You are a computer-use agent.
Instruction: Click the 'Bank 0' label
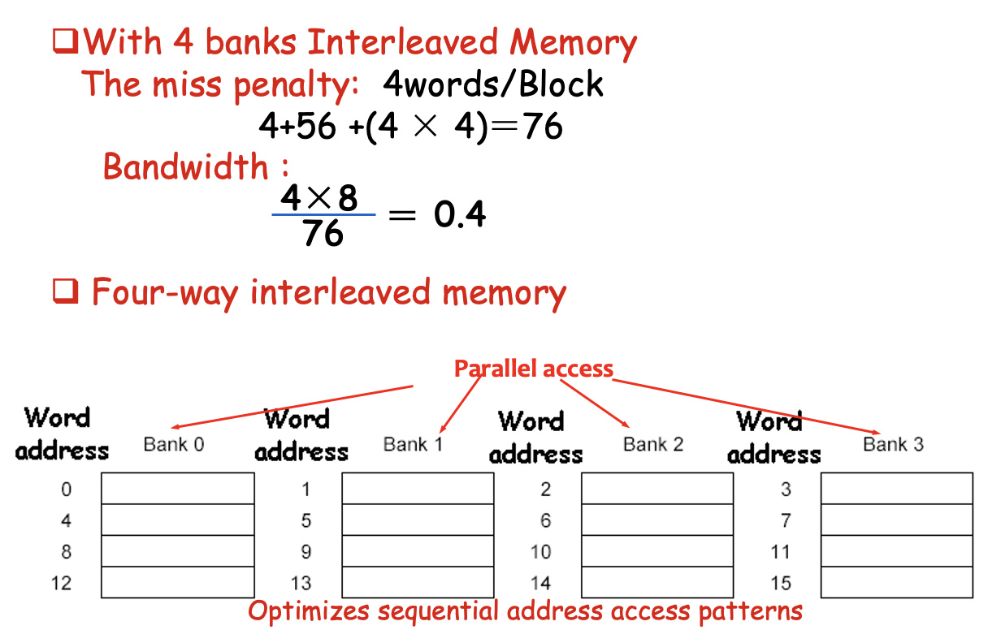point(174,444)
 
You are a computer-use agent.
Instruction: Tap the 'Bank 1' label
point(414,444)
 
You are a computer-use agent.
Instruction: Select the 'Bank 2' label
point(653,444)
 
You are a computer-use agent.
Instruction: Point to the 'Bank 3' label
point(893,444)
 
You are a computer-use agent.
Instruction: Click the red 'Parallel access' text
point(533,369)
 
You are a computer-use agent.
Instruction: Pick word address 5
point(306,520)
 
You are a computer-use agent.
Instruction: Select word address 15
point(781,583)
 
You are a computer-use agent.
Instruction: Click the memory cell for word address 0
point(178,489)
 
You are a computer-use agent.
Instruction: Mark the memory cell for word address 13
point(418,582)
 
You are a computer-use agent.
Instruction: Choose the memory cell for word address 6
point(657,520)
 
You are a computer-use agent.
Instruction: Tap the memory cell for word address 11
point(897,551)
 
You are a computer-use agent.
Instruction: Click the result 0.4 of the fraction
point(460,215)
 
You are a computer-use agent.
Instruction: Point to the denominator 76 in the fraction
point(323,235)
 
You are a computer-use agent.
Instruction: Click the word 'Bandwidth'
point(186,167)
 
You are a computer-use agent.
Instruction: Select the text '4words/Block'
point(492,84)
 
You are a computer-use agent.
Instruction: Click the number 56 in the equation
point(314,127)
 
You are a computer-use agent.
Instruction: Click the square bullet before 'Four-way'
point(65,291)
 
